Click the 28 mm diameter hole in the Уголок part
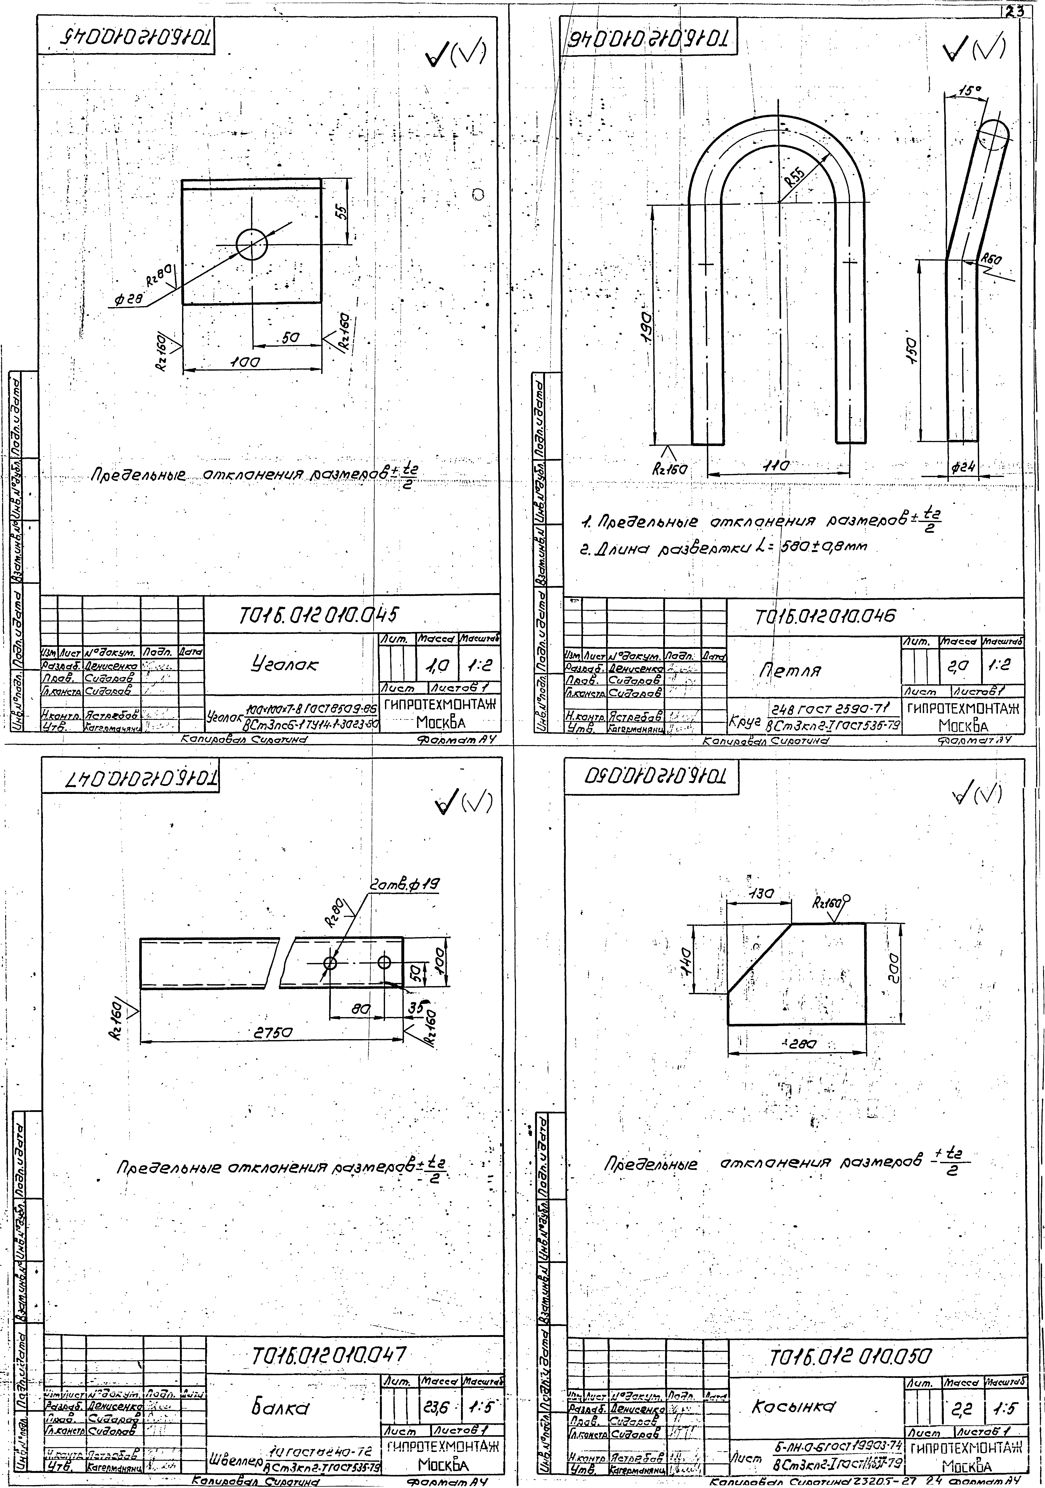[251, 244]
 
